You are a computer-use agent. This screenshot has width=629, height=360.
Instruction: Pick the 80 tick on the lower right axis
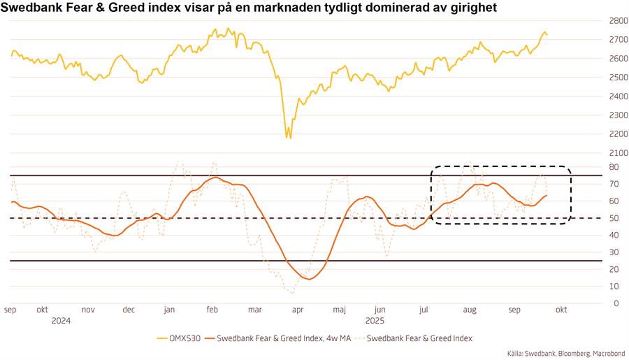[613, 167]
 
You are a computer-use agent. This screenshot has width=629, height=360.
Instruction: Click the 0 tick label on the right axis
[615, 303]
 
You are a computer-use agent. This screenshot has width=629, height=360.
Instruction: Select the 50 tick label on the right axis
[613, 218]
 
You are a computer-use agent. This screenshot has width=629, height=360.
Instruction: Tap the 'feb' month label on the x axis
[212, 309]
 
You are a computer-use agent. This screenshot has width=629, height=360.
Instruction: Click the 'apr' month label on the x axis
[297, 309]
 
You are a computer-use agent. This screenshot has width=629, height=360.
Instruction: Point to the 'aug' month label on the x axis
[469, 309]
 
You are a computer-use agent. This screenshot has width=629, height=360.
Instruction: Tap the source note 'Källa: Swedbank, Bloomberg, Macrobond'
[566, 354]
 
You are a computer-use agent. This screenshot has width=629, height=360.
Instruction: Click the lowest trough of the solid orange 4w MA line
[310, 279]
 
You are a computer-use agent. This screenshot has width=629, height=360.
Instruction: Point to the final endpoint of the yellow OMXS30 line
[547, 35]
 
